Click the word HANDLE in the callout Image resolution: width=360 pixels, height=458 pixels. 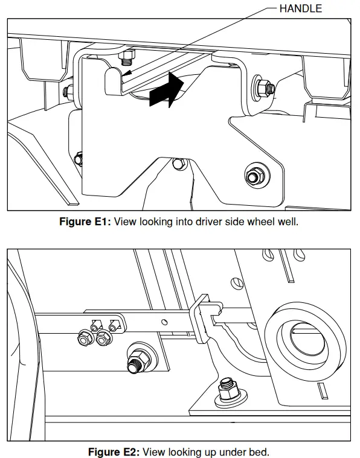coord(301,8)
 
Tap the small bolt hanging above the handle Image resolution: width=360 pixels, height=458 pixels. coord(127,59)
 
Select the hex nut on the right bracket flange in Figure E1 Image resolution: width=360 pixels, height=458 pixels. coord(265,88)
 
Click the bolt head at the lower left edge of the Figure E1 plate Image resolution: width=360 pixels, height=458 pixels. coord(78,159)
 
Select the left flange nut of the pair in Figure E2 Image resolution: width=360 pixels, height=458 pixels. coord(84,340)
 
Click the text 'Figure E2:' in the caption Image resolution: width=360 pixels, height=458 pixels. coord(114,452)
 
